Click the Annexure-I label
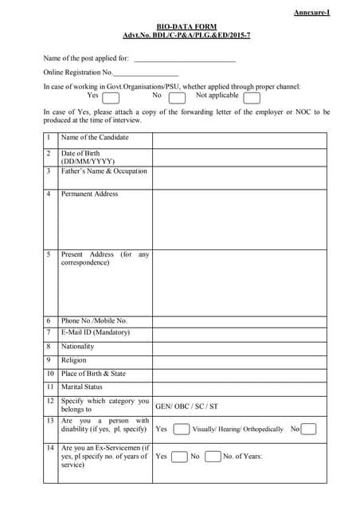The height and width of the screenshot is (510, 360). (x=311, y=13)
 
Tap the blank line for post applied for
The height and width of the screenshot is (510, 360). (x=185, y=59)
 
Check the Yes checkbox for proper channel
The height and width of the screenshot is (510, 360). (x=111, y=98)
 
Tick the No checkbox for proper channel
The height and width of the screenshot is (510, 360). (x=177, y=98)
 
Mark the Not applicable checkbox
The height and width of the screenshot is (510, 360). (x=251, y=98)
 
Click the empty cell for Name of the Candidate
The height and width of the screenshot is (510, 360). (x=239, y=139)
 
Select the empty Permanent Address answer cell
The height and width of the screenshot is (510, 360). (x=239, y=218)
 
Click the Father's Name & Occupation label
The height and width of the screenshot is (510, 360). (x=104, y=171)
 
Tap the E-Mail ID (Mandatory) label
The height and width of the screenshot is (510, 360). (x=95, y=332)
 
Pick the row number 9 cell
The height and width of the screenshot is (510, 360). (x=49, y=360)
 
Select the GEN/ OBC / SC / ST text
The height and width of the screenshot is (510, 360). (x=186, y=406)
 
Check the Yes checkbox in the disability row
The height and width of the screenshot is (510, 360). (x=181, y=430)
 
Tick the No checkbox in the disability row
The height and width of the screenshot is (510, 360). (x=308, y=430)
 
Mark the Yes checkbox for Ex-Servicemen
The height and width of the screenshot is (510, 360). (x=180, y=457)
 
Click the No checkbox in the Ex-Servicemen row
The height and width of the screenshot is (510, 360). (x=212, y=457)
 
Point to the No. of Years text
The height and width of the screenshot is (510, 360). (x=242, y=457)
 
